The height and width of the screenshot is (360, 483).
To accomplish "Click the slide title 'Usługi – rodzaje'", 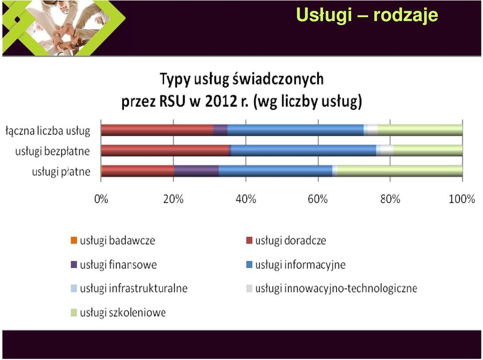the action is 367,15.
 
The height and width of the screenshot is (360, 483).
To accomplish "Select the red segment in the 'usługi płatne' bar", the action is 138,171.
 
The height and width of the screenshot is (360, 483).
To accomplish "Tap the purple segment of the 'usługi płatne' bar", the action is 197,171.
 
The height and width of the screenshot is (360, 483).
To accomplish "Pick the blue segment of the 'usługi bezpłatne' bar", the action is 304,151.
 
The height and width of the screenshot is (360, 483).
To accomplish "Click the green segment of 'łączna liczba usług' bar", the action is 420,130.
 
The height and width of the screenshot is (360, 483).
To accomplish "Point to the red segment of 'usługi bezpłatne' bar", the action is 165,151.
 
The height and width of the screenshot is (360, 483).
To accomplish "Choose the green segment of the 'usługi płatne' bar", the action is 399,171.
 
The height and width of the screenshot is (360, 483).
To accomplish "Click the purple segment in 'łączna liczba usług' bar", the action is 220,130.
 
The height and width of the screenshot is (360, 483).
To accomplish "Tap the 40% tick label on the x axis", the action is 246,199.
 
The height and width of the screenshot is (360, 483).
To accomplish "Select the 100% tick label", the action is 462,199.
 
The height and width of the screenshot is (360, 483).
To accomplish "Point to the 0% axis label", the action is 101,199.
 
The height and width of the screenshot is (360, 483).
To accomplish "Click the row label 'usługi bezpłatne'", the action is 53,151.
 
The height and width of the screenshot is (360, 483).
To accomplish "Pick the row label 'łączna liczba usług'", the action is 48,131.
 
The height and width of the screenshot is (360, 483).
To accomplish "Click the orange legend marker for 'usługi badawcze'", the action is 74,240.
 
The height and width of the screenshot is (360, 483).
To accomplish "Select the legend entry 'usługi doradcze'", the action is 286,240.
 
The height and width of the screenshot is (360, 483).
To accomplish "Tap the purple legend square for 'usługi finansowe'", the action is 74,264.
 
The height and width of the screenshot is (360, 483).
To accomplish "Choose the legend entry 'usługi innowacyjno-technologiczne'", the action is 332,289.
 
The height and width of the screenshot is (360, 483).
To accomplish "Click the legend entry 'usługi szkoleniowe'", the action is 118,313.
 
